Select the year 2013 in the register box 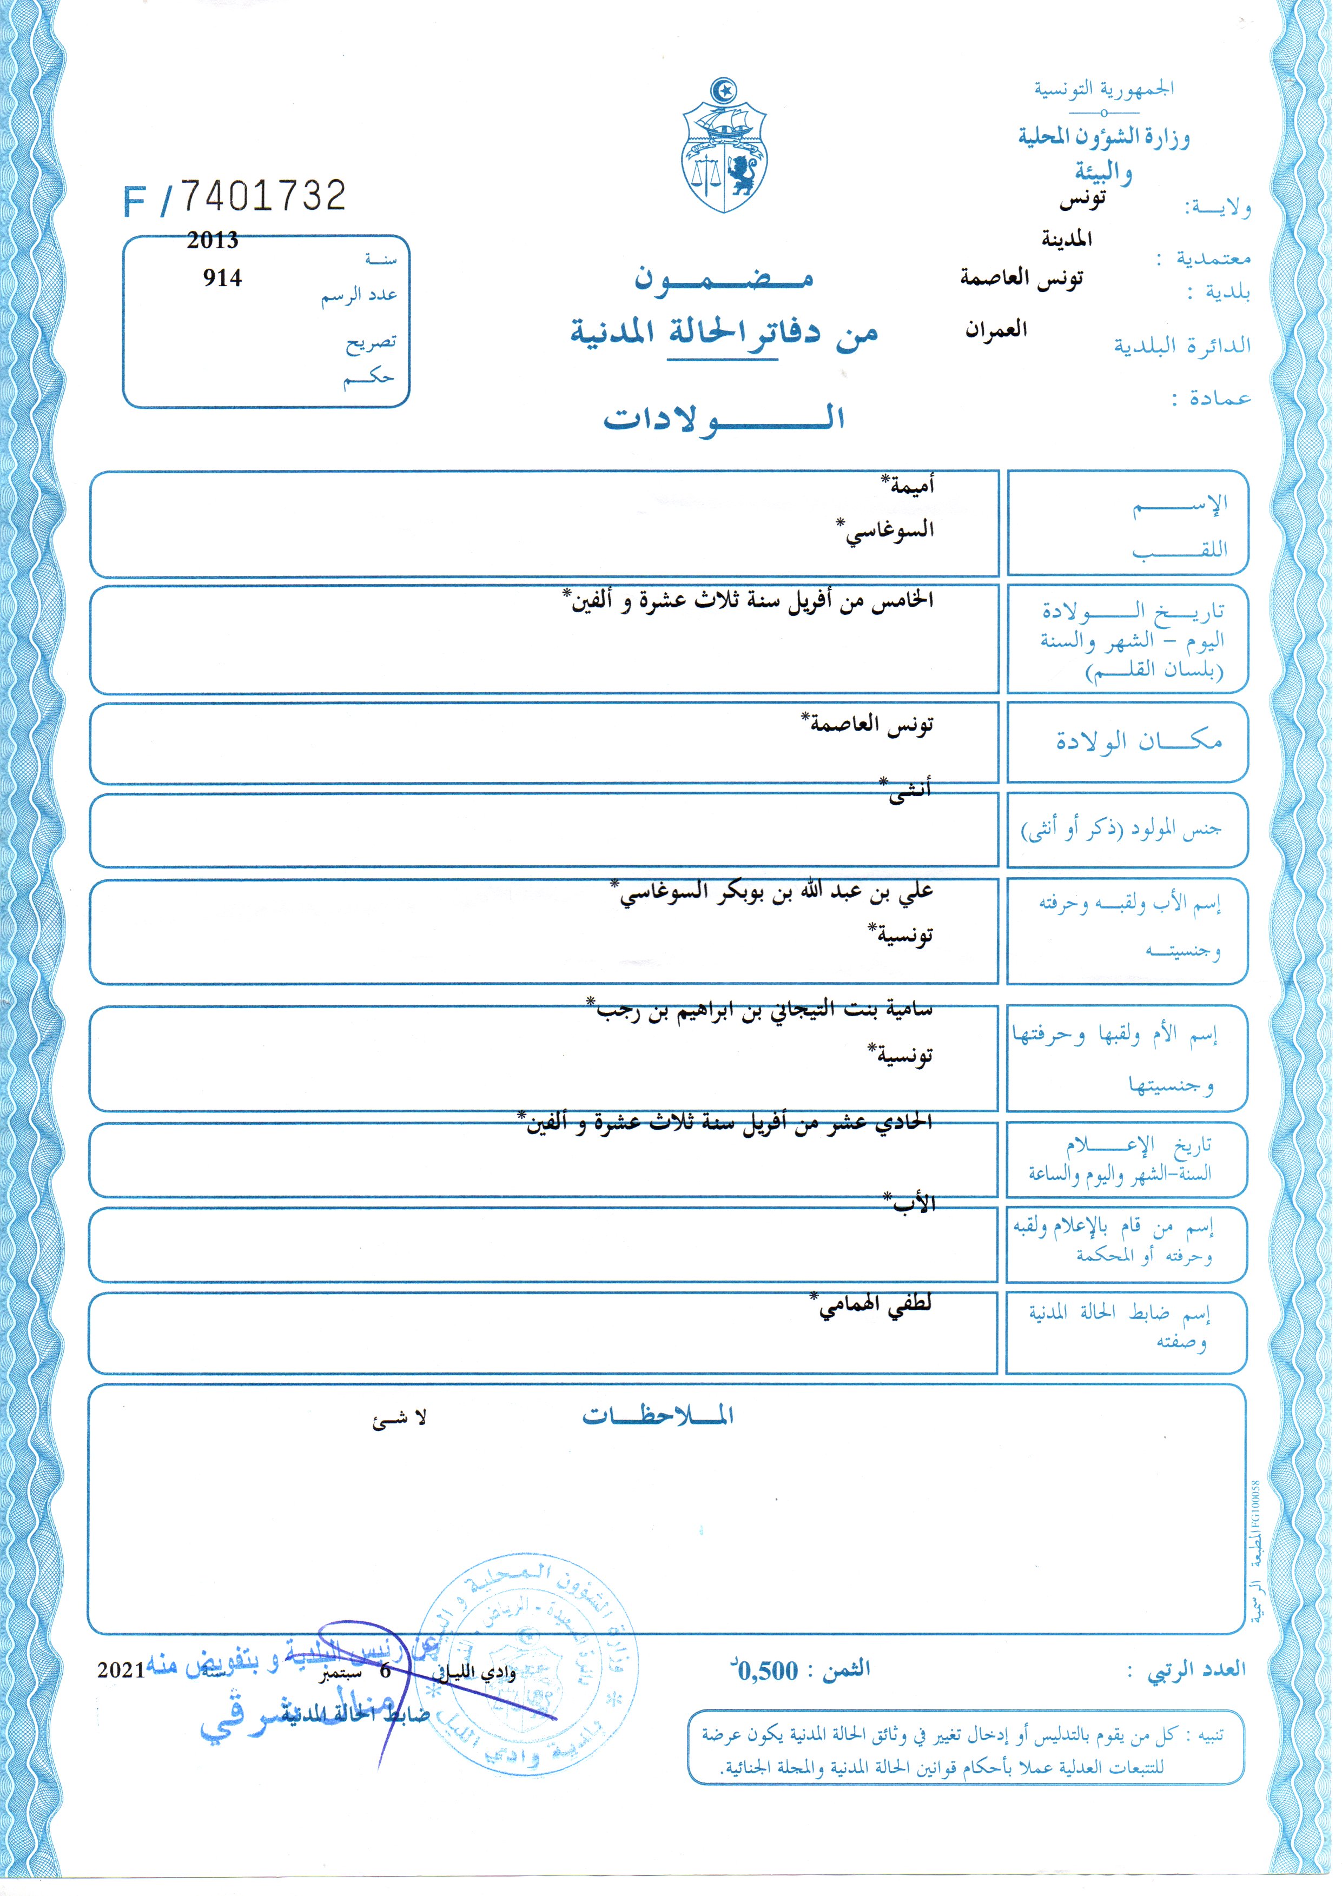(x=213, y=241)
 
